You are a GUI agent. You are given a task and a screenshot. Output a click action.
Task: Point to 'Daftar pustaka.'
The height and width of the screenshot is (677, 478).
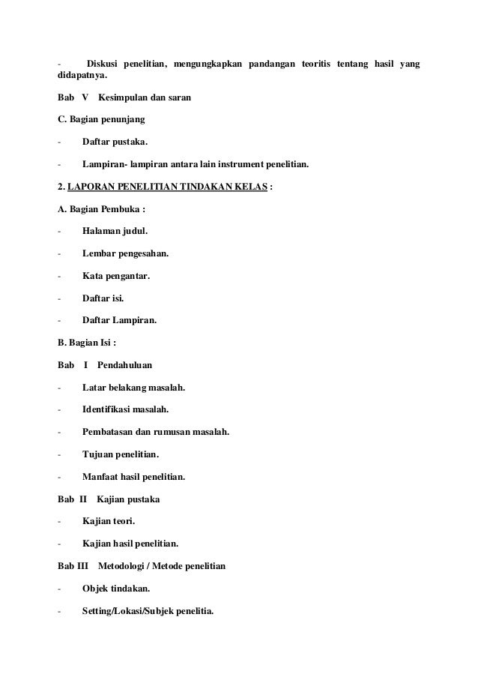pos(115,141)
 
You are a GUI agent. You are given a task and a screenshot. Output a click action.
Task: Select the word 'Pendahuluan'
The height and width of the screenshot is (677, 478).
pos(124,365)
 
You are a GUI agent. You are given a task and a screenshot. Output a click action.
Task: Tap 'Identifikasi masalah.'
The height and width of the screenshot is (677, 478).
pos(125,409)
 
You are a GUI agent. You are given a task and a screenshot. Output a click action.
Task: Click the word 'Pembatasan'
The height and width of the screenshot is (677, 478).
pos(108,432)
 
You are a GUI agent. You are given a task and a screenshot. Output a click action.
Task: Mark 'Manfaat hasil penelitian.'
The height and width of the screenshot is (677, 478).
pos(133,476)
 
